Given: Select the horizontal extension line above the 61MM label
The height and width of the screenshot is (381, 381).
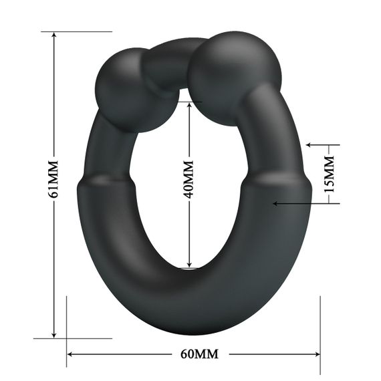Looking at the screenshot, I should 77,31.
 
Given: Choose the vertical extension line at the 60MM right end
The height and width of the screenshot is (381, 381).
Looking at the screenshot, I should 321,334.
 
